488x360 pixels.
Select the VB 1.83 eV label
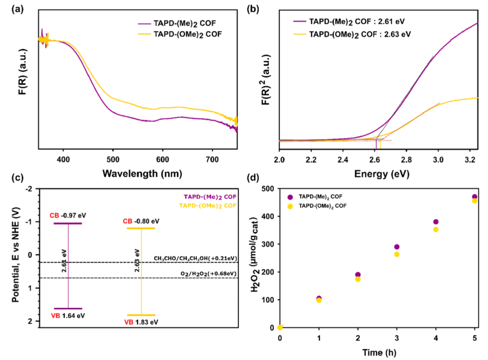(x=141, y=322)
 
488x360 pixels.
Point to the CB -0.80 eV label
(x=141, y=221)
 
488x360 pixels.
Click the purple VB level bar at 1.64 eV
(x=68, y=309)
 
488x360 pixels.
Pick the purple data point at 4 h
(x=436, y=222)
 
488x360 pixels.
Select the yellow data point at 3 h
(x=397, y=254)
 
